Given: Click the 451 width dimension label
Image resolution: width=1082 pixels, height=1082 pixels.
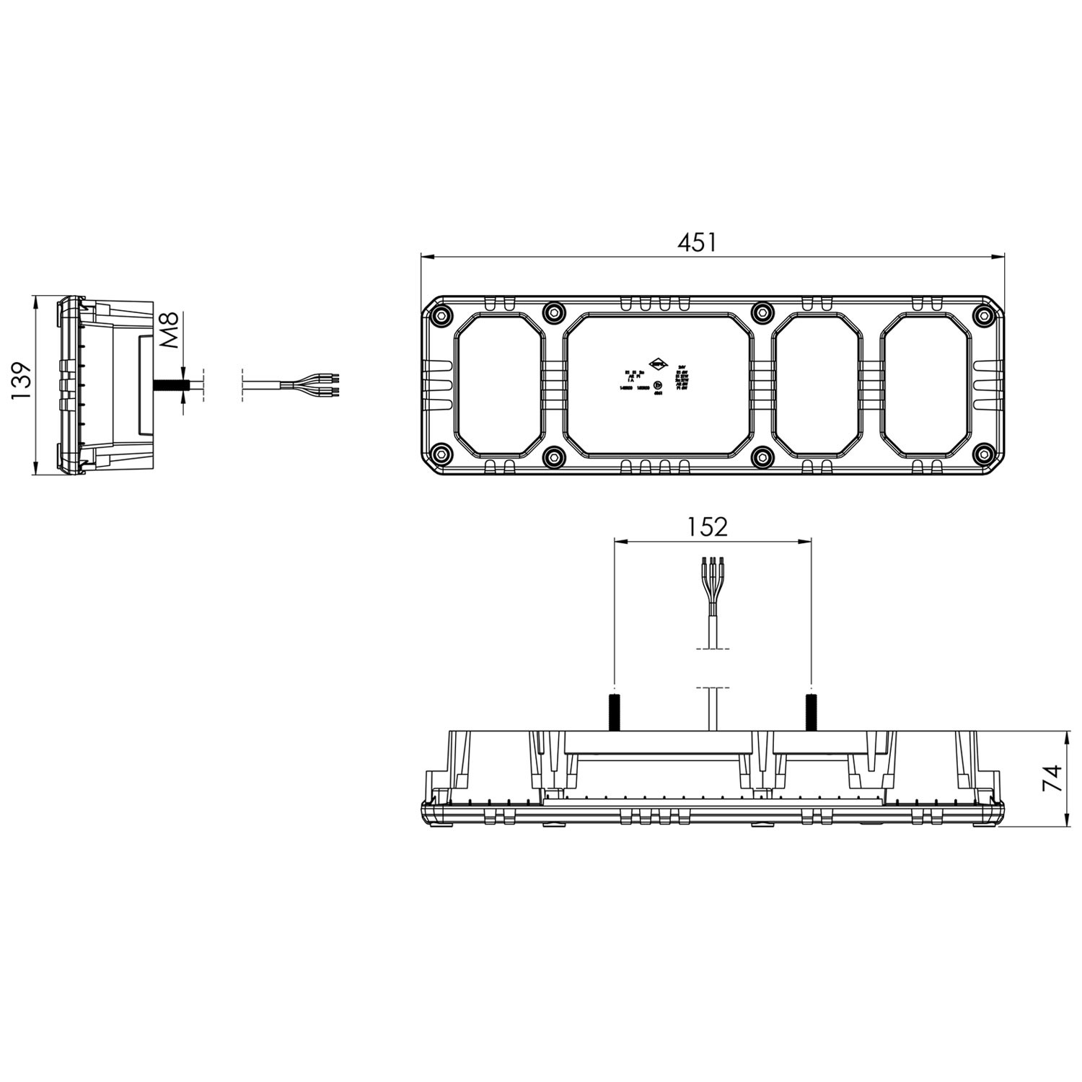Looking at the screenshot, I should pyautogui.click(x=697, y=242).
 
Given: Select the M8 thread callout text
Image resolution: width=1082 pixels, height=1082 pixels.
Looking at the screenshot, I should pyautogui.click(x=168, y=331).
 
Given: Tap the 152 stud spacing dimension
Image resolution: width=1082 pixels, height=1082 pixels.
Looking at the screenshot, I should pyautogui.click(x=707, y=527).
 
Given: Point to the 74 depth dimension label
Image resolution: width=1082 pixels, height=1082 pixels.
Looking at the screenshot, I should pyautogui.click(x=1054, y=778).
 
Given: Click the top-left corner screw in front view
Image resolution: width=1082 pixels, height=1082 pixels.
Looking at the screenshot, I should pyautogui.click(x=440, y=315).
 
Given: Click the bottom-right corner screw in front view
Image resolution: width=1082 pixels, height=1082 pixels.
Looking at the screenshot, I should pyautogui.click(x=982, y=454).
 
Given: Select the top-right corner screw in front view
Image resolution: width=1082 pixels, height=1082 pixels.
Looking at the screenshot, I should pyautogui.click(x=982, y=315).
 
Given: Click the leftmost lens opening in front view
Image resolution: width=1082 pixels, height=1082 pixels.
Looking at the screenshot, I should pyautogui.click(x=498, y=384).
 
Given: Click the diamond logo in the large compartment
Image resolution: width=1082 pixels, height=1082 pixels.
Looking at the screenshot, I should pyautogui.click(x=659, y=364).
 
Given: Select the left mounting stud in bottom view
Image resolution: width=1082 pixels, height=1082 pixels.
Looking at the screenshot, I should pyautogui.click(x=614, y=711).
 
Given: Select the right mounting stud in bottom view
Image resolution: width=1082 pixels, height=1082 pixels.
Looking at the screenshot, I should pyautogui.click(x=811, y=711).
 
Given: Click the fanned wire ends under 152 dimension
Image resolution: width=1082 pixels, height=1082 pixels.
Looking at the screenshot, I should pyautogui.click(x=712, y=576).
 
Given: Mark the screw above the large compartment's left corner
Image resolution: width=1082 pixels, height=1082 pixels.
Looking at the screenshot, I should pyautogui.click(x=553, y=312).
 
